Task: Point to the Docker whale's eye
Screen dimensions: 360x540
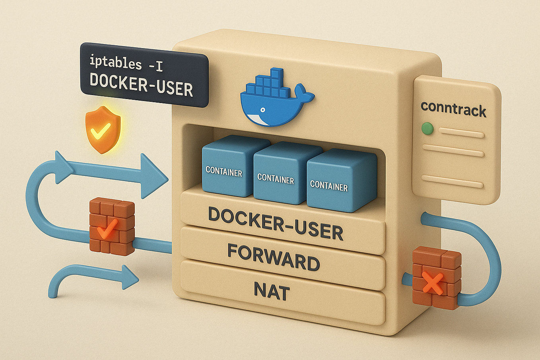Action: (x=262, y=109)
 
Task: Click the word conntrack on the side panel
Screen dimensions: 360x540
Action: (x=453, y=109)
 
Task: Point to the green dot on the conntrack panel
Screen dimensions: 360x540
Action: (x=427, y=128)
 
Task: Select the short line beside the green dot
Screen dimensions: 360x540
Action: (x=461, y=133)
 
